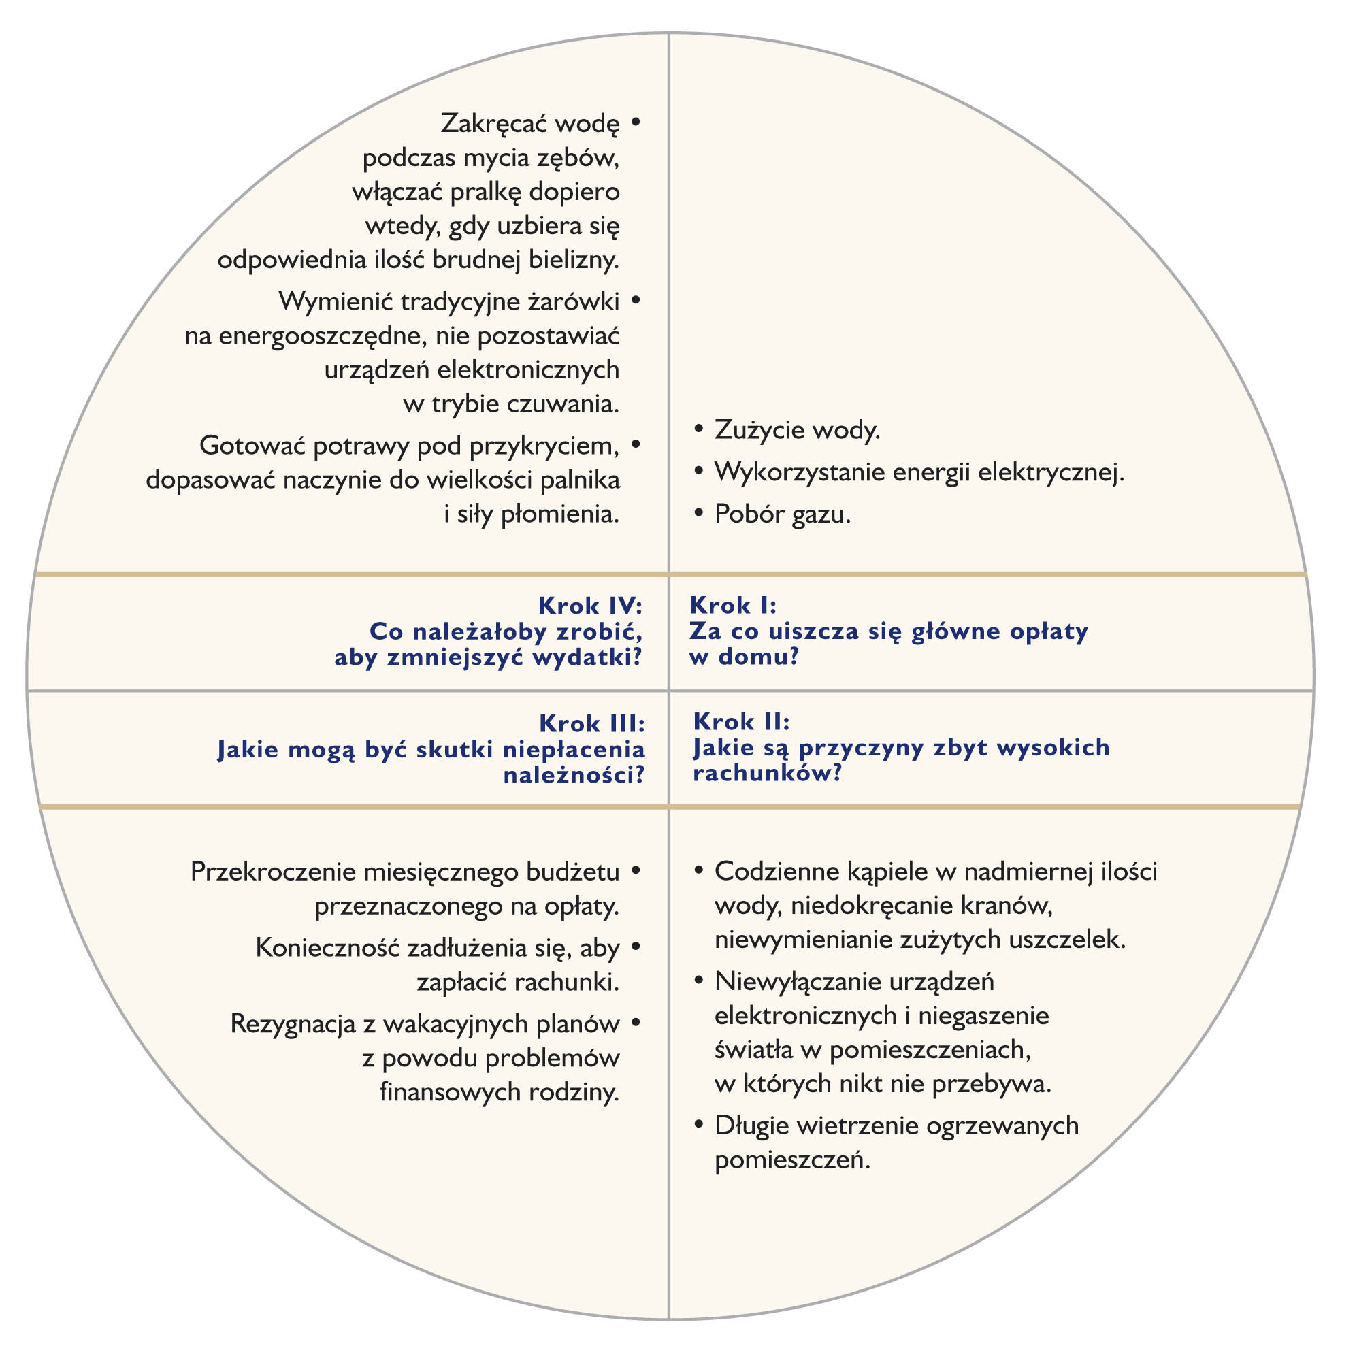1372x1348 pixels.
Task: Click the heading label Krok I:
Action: pos(732,606)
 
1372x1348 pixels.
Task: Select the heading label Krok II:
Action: pos(740,721)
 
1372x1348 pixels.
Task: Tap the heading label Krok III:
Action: pos(591,723)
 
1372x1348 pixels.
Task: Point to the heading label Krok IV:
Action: pos(590,606)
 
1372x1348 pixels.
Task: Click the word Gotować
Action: pos(252,446)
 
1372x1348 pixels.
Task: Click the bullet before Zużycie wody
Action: pos(699,429)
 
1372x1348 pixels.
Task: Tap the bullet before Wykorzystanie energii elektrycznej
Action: pos(699,471)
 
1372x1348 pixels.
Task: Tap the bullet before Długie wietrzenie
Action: pos(699,1125)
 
